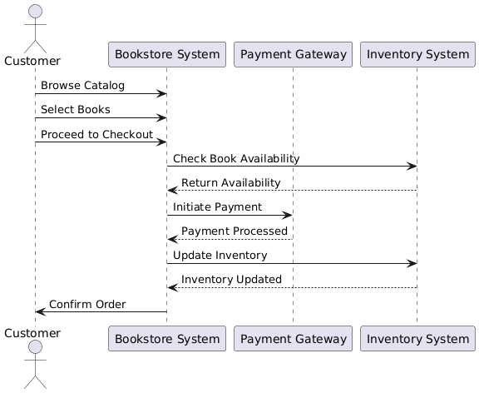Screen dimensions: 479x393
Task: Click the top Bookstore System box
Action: [167, 54]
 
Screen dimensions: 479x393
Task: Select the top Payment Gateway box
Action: [293, 54]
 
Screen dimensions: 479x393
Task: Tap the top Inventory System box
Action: [417, 54]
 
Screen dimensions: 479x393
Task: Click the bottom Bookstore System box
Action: [167, 339]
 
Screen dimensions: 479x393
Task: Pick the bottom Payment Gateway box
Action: [293, 339]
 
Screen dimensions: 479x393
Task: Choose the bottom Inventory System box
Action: [417, 339]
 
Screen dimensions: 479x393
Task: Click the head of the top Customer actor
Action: [36, 12]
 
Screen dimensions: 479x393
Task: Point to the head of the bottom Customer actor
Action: [36, 347]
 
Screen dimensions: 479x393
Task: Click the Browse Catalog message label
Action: [83, 85]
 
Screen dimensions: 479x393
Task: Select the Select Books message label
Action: [76, 109]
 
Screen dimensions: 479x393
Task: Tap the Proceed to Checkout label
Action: [96, 134]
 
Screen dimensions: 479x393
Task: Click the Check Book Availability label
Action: [236, 158]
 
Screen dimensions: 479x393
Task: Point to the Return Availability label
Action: [231, 182]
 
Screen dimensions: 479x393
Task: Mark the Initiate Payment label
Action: [218, 206]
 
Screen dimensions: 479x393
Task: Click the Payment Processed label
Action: [235, 231]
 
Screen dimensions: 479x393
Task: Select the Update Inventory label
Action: [220, 256]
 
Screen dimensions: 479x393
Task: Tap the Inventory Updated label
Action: [231, 279]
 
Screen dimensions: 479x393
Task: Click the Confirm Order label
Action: [87, 304]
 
